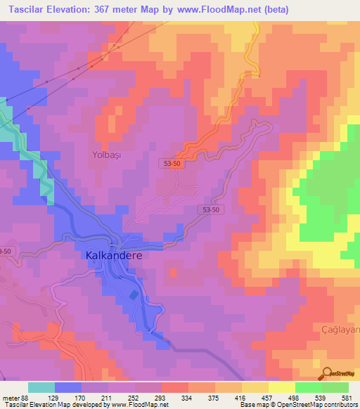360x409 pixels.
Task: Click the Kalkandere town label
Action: [x=113, y=256]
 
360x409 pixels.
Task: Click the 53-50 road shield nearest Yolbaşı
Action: [x=172, y=162]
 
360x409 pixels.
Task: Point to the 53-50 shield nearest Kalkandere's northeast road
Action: [x=213, y=210]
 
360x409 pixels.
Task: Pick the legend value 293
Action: [x=160, y=398]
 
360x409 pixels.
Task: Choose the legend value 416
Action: [x=242, y=398]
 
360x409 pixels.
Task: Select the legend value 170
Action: [x=79, y=398]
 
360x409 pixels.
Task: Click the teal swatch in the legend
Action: [x=41, y=387]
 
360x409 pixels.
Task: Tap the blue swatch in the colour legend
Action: [x=68, y=387]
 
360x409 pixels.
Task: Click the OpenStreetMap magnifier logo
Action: [x=327, y=373]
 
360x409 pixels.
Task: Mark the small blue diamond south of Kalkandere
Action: [x=134, y=294]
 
